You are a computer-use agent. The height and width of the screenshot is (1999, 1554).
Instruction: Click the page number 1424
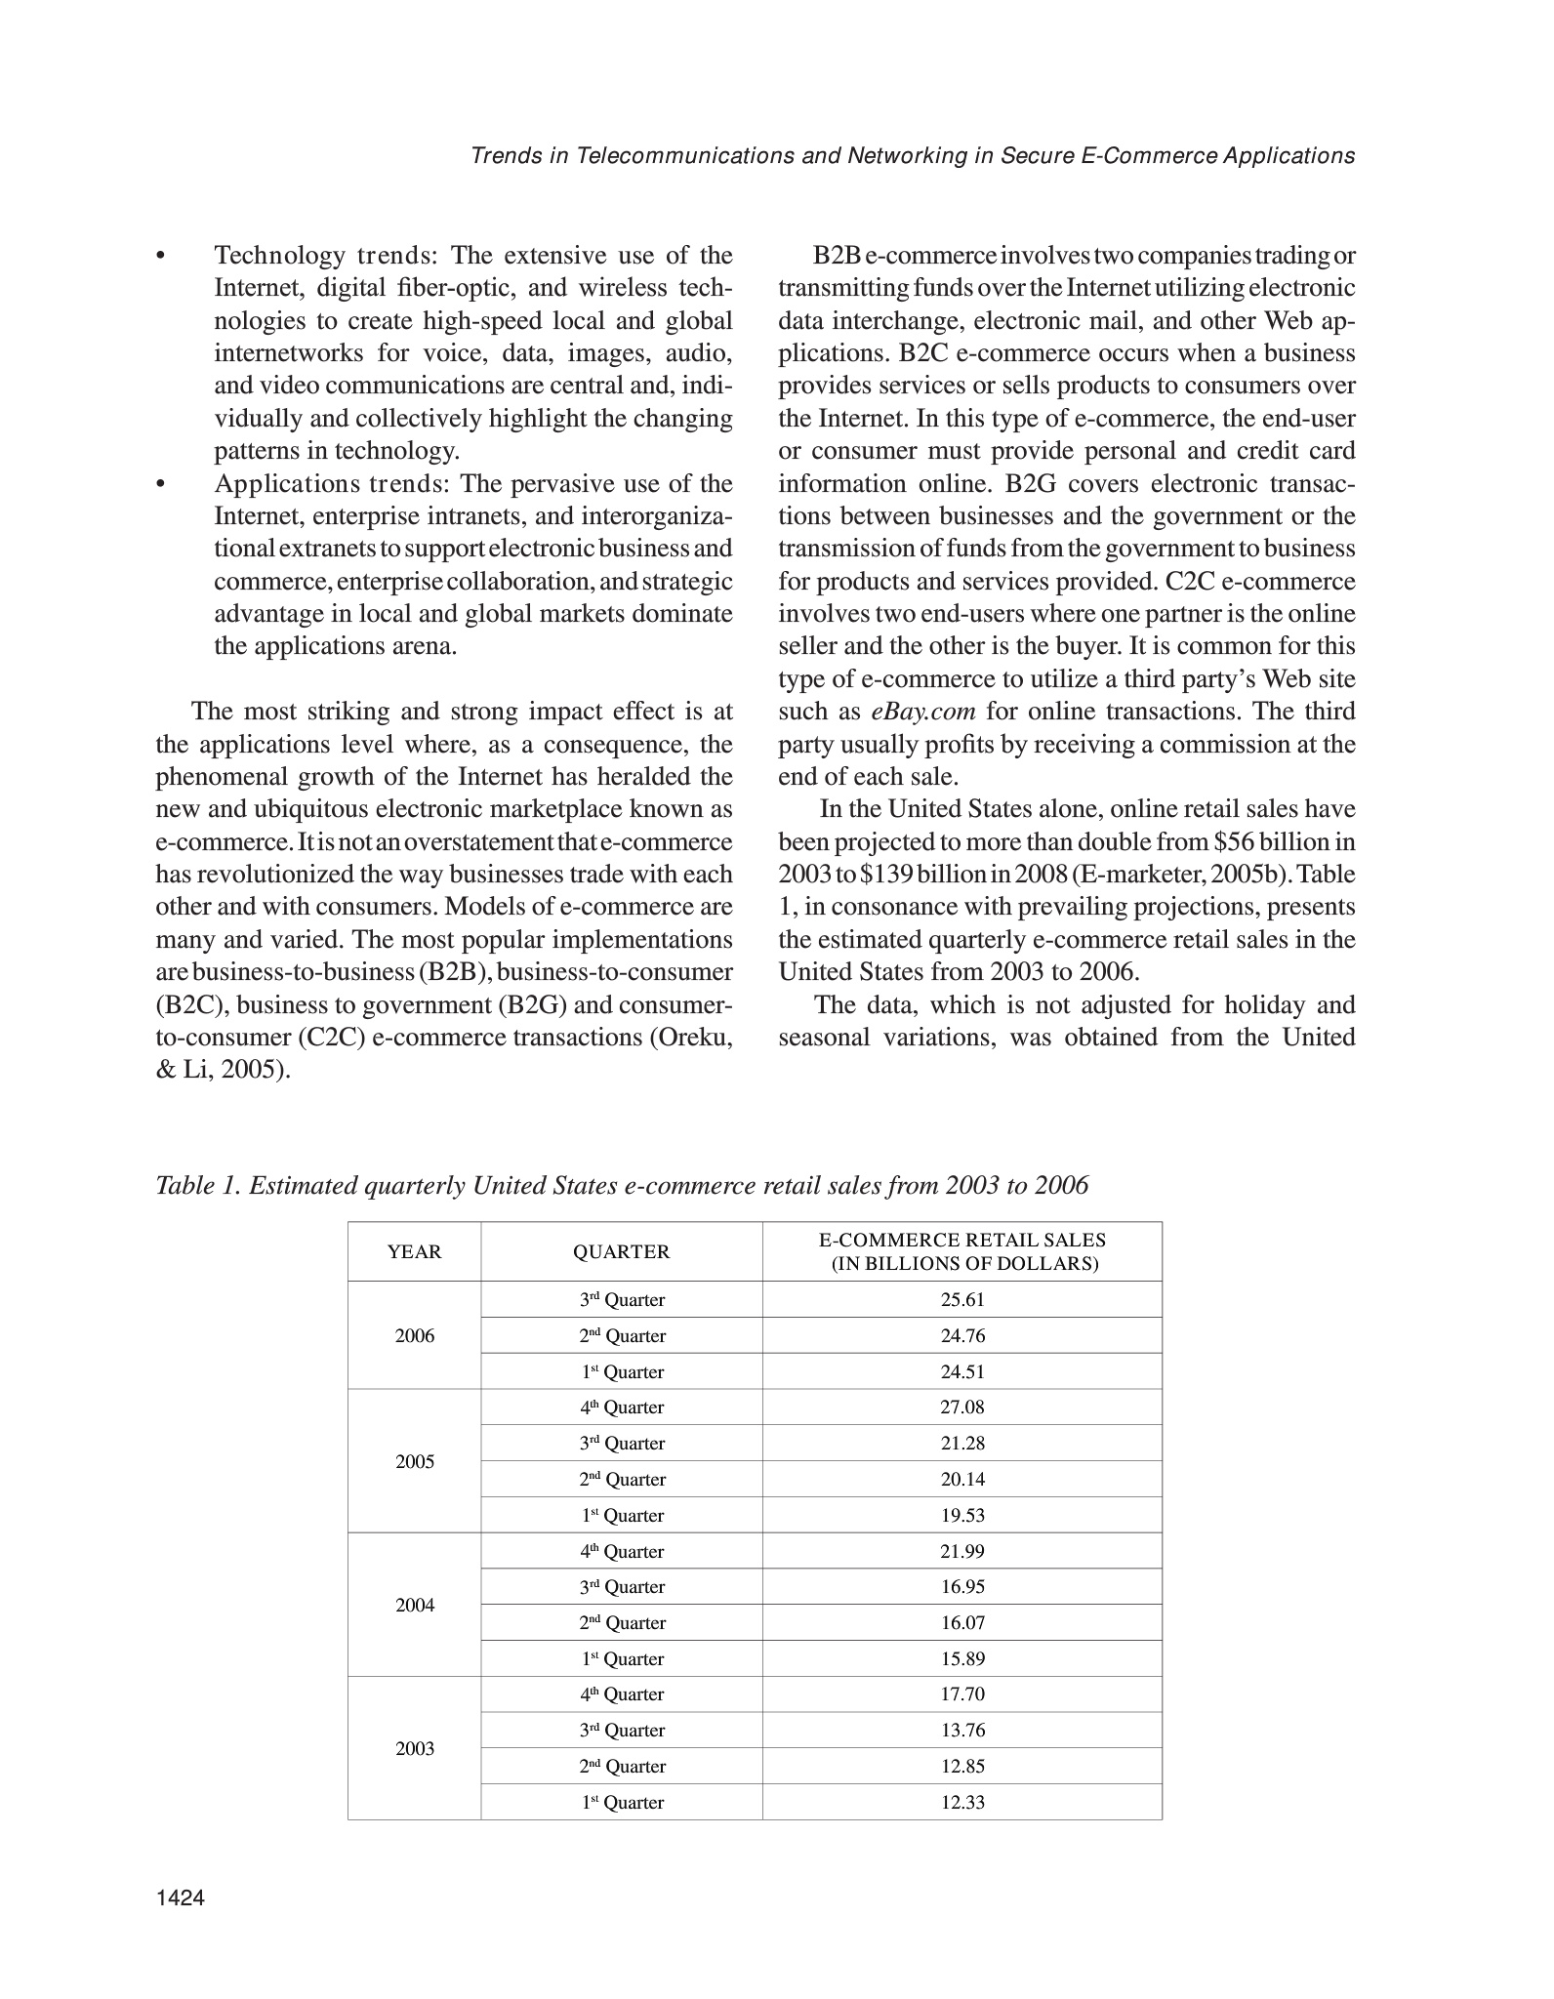click(181, 1897)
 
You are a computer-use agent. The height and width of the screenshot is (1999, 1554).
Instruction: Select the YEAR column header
click(414, 1252)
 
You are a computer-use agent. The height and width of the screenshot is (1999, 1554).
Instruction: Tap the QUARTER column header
click(621, 1252)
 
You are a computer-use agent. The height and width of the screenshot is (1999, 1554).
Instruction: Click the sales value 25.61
click(962, 1300)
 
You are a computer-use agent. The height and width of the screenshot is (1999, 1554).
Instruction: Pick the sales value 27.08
click(962, 1407)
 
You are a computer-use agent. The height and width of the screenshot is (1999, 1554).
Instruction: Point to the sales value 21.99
click(962, 1551)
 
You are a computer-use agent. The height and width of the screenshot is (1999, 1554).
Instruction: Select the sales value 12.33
click(962, 1803)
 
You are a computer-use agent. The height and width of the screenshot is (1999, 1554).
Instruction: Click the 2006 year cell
click(414, 1336)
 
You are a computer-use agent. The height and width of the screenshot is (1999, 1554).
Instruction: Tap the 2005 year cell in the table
click(414, 1462)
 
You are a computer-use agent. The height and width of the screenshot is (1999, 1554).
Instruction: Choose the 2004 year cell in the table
click(414, 1606)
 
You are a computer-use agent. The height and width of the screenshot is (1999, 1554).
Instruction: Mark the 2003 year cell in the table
click(414, 1749)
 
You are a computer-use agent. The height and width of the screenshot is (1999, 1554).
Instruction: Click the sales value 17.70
click(962, 1694)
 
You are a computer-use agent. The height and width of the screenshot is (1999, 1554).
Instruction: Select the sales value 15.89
click(962, 1659)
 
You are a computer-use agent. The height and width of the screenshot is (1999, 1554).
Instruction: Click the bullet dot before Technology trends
click(160, 257)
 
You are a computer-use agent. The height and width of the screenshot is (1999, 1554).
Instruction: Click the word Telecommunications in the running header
click(686, 156)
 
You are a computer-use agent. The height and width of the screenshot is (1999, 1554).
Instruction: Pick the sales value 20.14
click(962, 1480)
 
